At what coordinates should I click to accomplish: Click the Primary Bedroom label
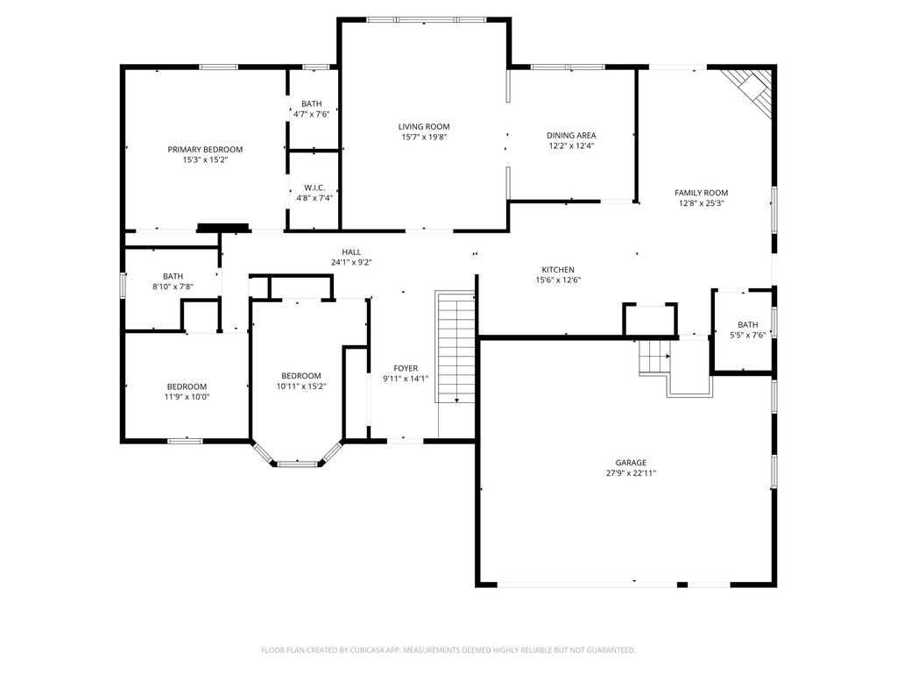[x=205, y=150]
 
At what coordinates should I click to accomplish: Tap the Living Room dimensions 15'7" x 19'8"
[x=424, y=138]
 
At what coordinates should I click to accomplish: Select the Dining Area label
[x=571, y=136]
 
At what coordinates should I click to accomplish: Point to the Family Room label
[x=701, y=193]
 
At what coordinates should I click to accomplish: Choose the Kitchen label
[x=558, y=270]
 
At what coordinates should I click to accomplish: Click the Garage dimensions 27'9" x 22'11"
[x=630, y=473]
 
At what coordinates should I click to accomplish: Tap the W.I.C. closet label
[x=314, y=188]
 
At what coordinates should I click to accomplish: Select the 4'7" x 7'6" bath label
[x=311, y=114]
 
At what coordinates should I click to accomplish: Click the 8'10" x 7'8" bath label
[x=173, y=287]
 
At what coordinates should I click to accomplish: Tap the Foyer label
[x=406, y=369]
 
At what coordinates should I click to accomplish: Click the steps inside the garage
[x=653, y=358]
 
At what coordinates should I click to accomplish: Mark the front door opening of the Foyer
[x=405, y=441]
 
